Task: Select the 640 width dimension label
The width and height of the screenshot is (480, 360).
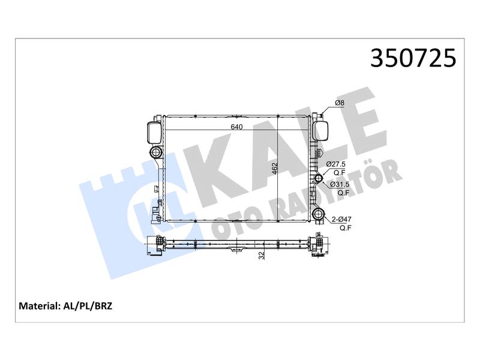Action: [236, 127]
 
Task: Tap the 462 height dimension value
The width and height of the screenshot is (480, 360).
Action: [275, 169]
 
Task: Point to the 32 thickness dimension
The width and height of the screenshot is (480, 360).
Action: [262, 256]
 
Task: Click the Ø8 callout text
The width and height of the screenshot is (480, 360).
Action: [340, 103]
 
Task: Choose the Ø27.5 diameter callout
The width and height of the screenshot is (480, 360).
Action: [336, 164]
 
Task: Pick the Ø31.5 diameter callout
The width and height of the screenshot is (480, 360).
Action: [340, 184]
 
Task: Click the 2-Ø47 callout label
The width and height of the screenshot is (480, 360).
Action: [341, 219]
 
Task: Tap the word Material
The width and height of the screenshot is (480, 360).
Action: [38, 306]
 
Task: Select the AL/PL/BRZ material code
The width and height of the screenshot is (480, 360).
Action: [88, 306]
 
